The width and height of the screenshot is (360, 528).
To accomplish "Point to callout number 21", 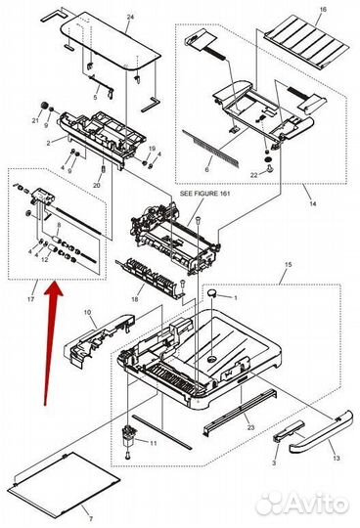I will (x=36, y=120).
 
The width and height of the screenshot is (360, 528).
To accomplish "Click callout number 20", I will (x=97, y=184).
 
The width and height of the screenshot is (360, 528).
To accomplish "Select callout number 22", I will (x=254, y=175).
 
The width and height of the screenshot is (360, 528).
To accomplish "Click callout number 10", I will (x=87, y=312).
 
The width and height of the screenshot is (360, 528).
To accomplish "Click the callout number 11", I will (x=152, y=444).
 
